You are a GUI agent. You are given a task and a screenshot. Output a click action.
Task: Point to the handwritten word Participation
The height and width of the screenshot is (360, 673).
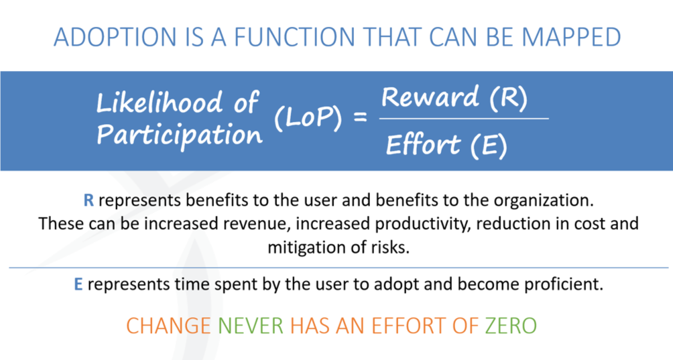[x=180, y=135]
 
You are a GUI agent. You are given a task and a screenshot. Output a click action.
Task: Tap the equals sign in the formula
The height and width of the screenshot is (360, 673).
[x=360, y=117]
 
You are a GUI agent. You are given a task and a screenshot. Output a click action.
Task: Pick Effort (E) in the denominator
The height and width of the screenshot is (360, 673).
[x=446, y=145]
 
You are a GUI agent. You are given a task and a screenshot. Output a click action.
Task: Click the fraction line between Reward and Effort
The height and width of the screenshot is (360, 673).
[x=464, y=119]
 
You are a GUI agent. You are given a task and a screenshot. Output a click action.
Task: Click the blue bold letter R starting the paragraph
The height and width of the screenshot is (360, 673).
[x=88, y=200]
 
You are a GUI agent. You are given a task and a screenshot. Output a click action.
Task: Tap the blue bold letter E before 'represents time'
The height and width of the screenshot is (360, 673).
[x=78, y=284]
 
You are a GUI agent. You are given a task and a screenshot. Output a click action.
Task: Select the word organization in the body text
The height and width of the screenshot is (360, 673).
[x=544, y=201]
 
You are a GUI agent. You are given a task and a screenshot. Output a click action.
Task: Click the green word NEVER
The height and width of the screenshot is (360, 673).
[x=251, y=326]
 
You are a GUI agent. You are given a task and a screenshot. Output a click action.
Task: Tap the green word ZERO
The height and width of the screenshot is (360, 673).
[x=511, y=326]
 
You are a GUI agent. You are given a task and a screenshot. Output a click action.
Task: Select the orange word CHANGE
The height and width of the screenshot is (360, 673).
[x=169, y=326]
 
